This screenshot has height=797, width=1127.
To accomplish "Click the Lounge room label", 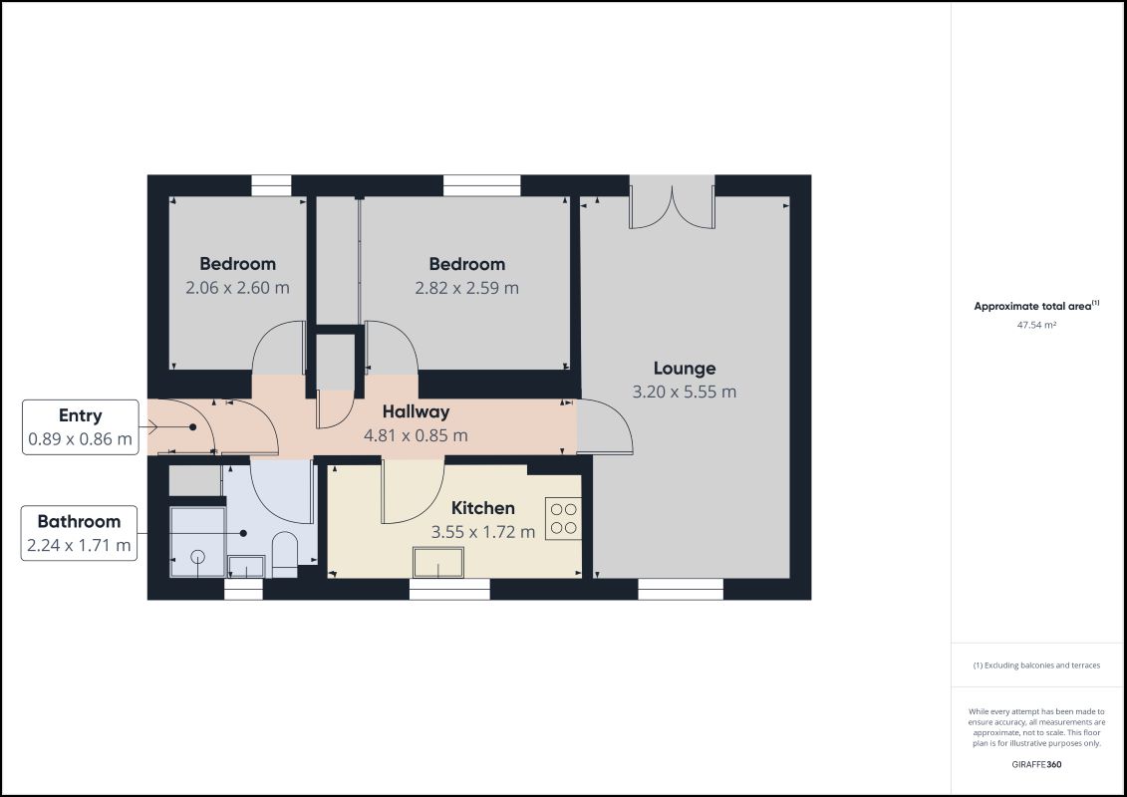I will click(x=684, y=368).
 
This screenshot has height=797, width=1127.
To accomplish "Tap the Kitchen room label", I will click(x=482, y=508).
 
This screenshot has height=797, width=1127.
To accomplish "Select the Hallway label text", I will click(x=416, y=411).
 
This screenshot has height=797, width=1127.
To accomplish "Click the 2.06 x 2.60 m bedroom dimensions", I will click(x=237, y=288).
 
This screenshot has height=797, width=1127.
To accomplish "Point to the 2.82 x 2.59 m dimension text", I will click(x=466, y=288).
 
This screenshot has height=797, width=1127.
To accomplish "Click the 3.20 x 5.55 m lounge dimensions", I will click(x=684, y=392).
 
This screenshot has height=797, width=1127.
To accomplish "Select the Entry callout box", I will click(x=81, y=427).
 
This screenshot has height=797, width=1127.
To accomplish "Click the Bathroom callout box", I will click(x=79, y=533).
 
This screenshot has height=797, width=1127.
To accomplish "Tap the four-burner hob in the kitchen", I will click(x=563, y=518).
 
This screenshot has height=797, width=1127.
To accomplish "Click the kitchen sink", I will click(x=438, y=563).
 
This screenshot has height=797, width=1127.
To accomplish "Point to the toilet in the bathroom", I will click(x=284, y=554).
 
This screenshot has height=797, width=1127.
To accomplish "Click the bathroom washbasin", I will click(x=245, y=566).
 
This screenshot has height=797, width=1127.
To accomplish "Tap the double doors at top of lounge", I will click(x=672, y=204).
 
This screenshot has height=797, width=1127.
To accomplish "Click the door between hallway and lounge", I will click(x=604, y=426).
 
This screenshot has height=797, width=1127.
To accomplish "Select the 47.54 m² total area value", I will click(x=1035, y=325).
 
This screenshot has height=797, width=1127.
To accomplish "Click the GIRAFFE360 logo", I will click(x=1035, y=764).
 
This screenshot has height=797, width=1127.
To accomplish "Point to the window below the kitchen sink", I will click(x=448, y=590).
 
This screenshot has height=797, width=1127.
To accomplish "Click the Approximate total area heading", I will click(x=1035, y=306).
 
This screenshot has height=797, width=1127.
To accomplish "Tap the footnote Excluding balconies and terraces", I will click(x=1036, y=664).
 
